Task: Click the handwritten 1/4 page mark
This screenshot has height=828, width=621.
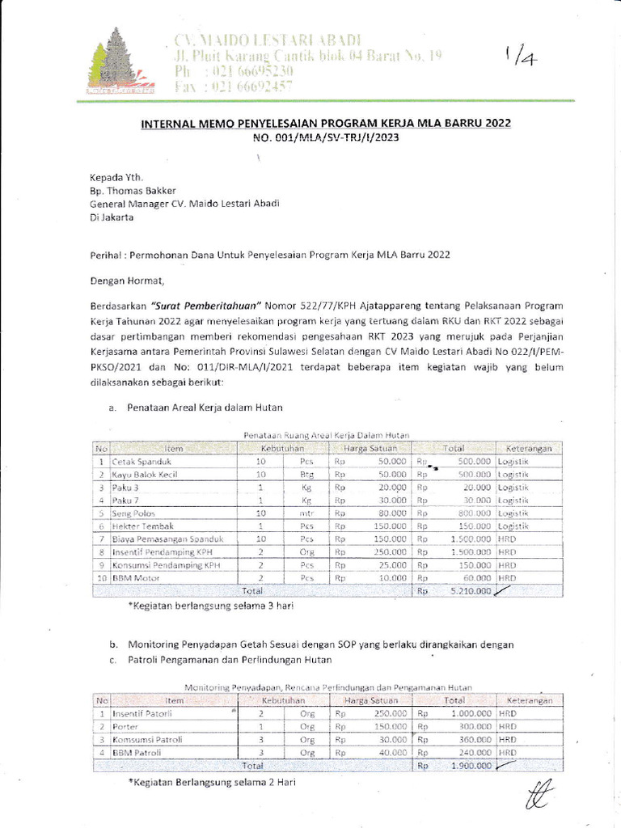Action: [x=516, y=57]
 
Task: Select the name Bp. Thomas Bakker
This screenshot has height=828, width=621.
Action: [x=133, y=191]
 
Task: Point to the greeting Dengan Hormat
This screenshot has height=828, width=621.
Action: [x=126, y=281]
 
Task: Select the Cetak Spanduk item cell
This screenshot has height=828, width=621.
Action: [x=137, y=461]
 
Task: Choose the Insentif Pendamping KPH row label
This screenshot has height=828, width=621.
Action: [x=165, y=552]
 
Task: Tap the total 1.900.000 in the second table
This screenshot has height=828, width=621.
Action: [x=470, y=765]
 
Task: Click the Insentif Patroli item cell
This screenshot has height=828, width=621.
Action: [x=142, y=714]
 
